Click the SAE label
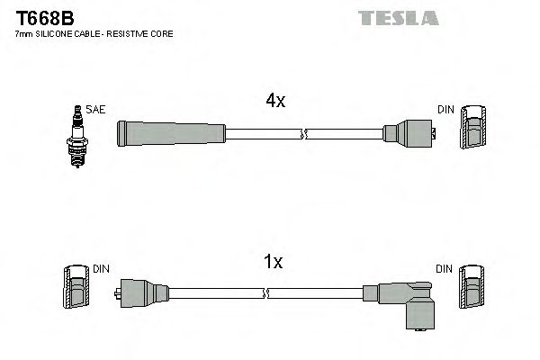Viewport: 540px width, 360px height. [96, 109]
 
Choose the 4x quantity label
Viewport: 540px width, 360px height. [275, 102]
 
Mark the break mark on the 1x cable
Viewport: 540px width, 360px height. [267, 293]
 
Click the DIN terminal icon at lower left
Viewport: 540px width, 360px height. [76, 288]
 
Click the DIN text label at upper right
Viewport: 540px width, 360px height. [446, 109]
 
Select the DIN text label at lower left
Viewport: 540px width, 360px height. [101, 268]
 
